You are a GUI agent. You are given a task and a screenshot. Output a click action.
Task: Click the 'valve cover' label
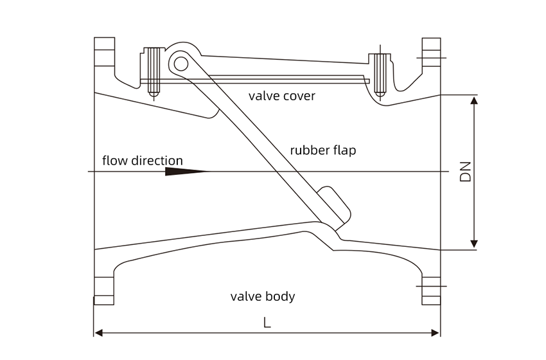point(282,96)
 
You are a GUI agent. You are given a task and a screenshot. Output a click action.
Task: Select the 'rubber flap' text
point(322,150)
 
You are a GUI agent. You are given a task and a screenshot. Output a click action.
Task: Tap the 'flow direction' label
point(143,161)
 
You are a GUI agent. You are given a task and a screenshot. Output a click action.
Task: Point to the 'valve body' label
point(263,296)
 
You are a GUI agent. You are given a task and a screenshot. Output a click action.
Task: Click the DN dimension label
point(466,171)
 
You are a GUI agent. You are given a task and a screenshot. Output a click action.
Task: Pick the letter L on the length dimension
point(267,323)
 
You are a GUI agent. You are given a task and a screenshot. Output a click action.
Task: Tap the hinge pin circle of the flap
point(181,63)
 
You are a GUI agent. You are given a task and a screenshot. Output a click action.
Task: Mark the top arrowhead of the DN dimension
point(474,101)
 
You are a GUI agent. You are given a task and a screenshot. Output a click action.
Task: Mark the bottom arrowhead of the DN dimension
point(474,243)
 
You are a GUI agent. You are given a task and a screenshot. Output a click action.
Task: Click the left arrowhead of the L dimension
point(99,333)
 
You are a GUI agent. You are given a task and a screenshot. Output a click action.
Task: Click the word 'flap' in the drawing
point(344,150)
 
